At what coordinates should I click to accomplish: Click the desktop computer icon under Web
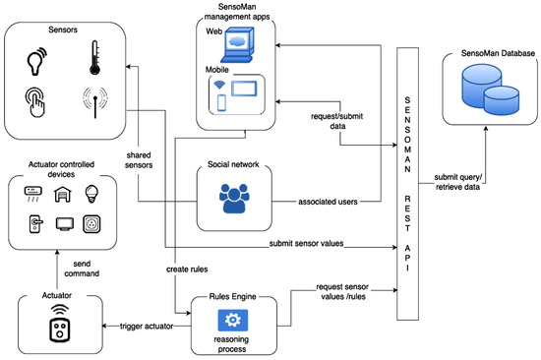(x=241, y=44)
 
